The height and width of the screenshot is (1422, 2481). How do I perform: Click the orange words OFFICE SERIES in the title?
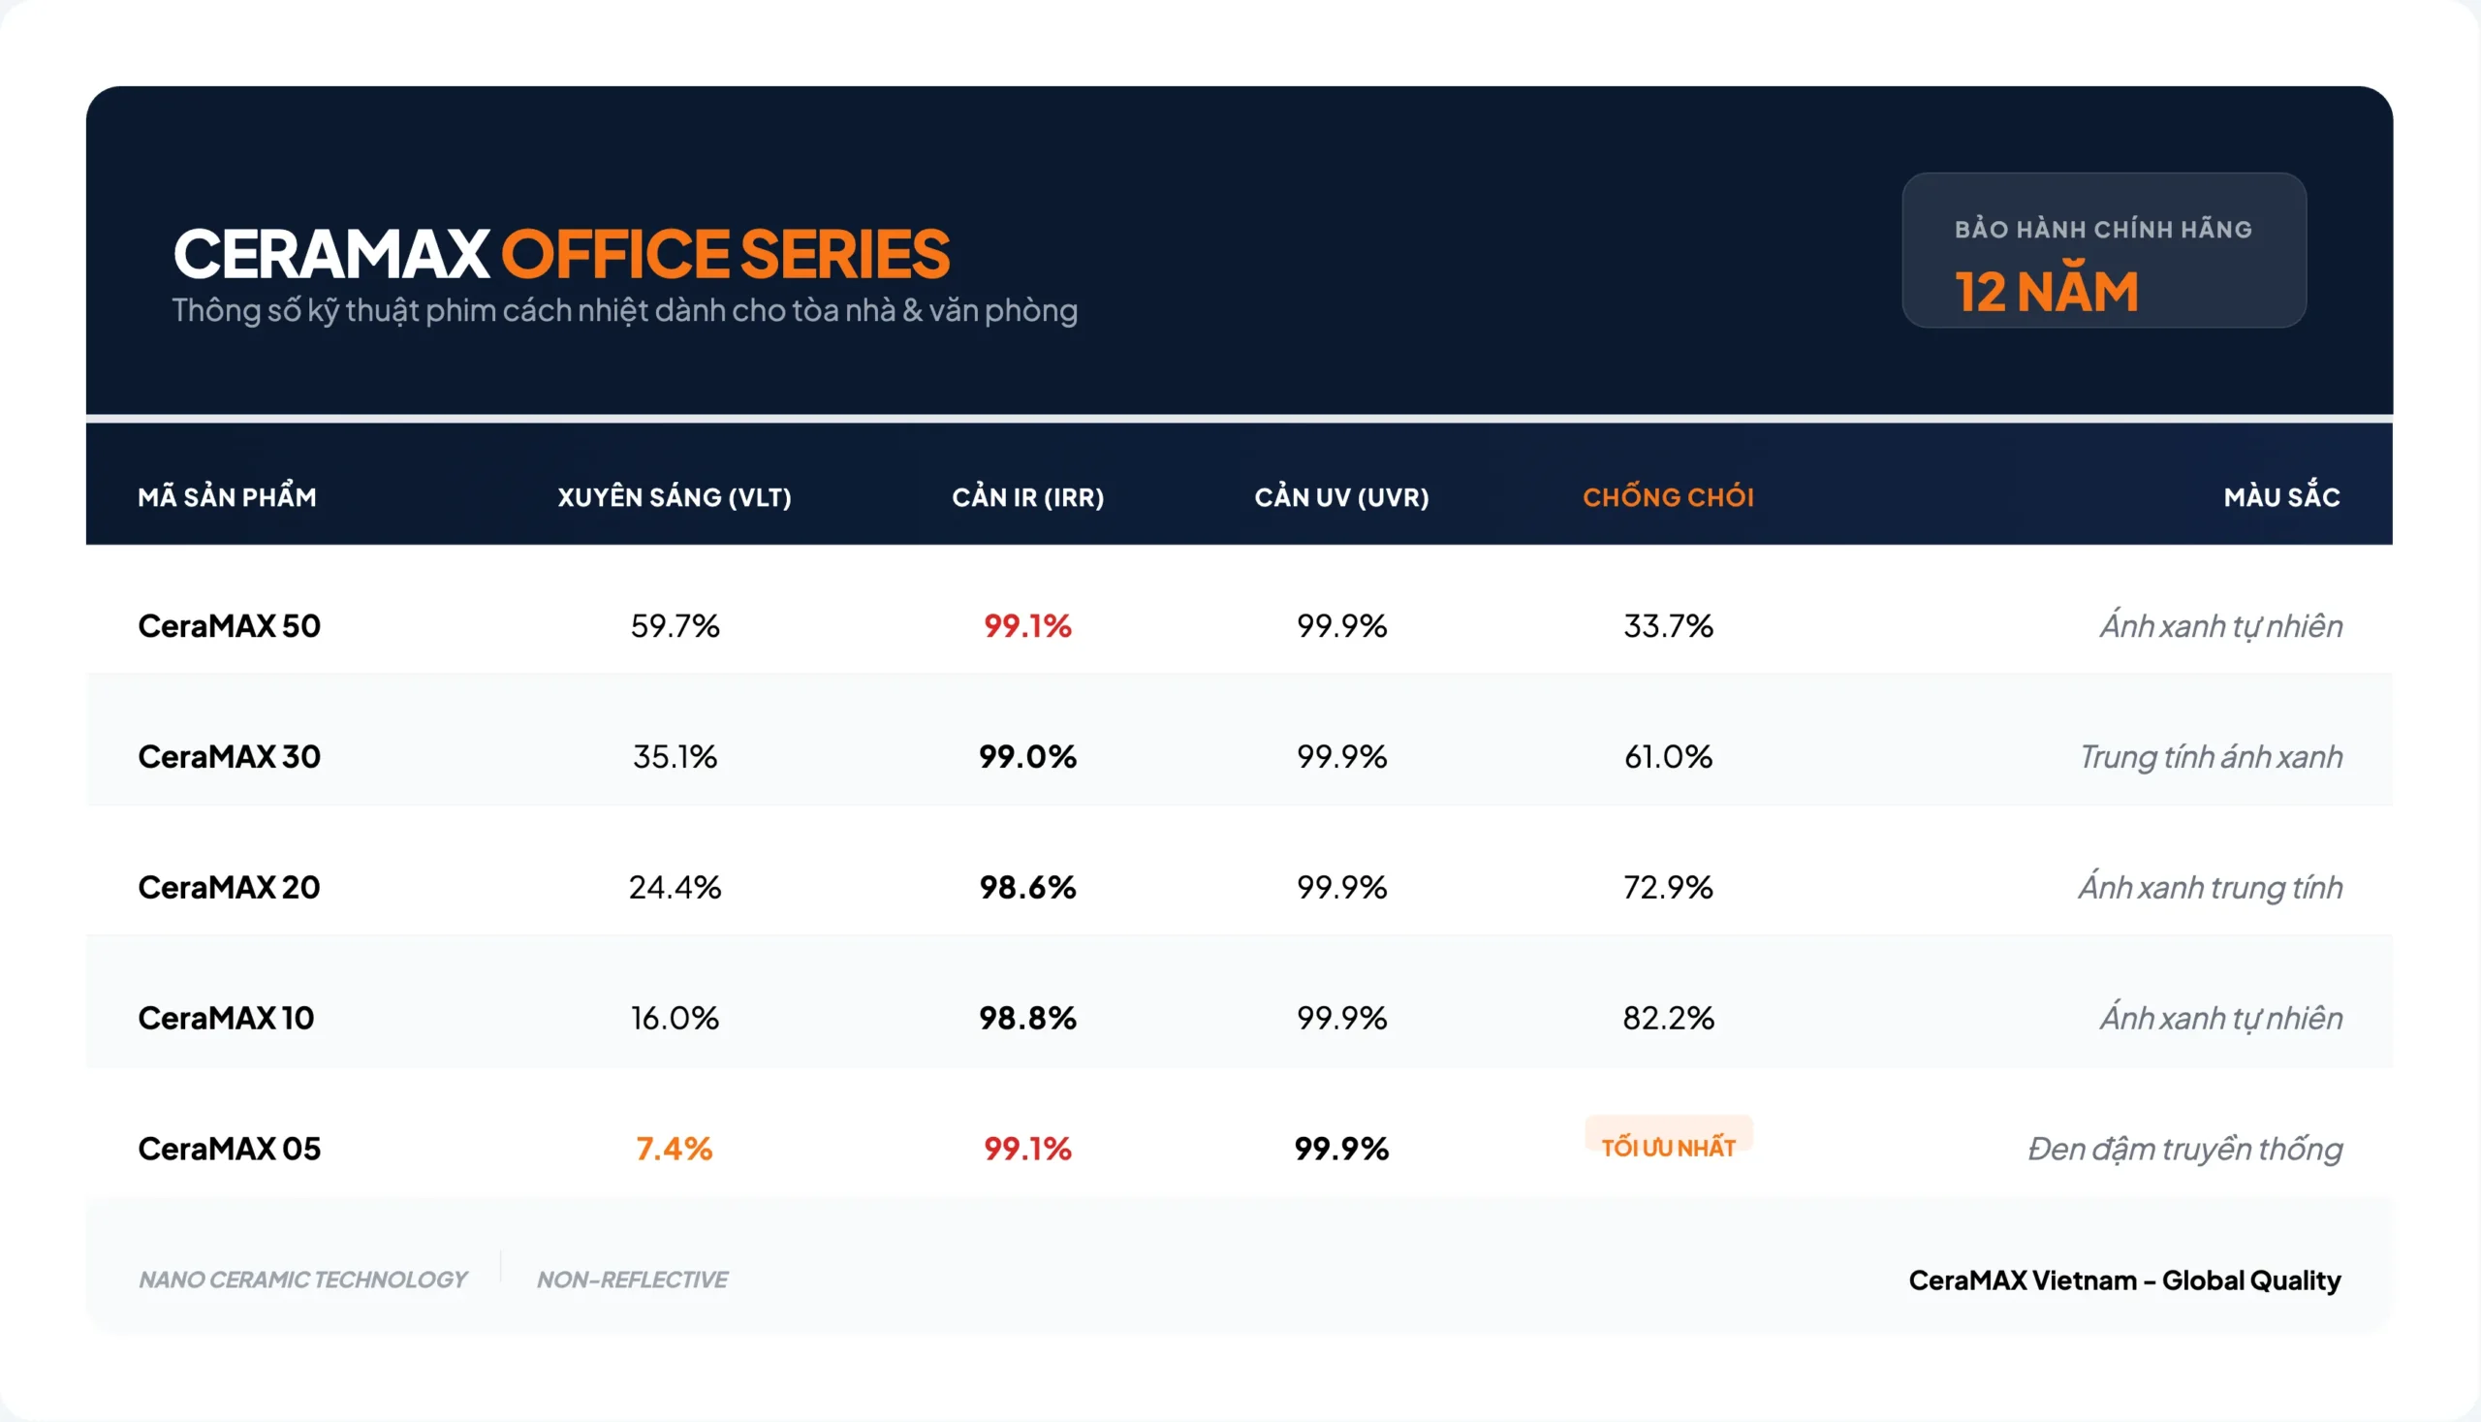[x=725, y=254]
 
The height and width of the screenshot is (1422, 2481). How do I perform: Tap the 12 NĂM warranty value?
[x=2047, y=291]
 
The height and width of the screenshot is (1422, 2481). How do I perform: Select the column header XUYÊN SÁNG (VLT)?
[x=674, y=497]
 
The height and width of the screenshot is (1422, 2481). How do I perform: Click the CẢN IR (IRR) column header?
[x=1027, y=497]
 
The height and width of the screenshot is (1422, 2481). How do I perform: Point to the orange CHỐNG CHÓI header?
[x=1668, y=497]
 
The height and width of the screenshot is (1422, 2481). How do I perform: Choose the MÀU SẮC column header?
[x=2280, y=497]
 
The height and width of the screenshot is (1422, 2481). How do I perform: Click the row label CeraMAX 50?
[x=229, y=626]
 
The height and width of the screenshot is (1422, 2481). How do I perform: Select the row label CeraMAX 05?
[x=229, y=1149]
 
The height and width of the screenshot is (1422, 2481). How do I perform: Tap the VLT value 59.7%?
[x=675, y=626]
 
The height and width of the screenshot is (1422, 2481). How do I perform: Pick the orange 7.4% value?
[x=674, y=1149]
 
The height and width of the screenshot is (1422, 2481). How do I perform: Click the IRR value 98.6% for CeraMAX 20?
[x=1027, y=887]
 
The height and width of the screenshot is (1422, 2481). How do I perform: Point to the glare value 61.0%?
[x=1668, y=757]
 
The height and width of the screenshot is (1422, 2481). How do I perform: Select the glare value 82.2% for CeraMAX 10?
[x=1668, y=1018]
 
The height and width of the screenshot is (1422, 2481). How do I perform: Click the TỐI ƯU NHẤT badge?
[x=1668, y=1147]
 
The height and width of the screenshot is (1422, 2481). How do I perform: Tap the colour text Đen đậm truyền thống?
[x=2184, y=1149]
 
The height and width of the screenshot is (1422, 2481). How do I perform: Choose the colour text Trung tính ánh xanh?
[x=2210, y=757]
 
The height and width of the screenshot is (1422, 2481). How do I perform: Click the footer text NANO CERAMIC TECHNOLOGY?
[x=302, y=1280]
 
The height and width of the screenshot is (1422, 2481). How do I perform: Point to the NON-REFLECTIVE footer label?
[x=632, y=1280]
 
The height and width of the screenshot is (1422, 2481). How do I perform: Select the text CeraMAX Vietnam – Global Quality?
[x=2123, y=1280]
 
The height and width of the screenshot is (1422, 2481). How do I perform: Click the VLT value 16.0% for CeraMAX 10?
[x=675, y=1018]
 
